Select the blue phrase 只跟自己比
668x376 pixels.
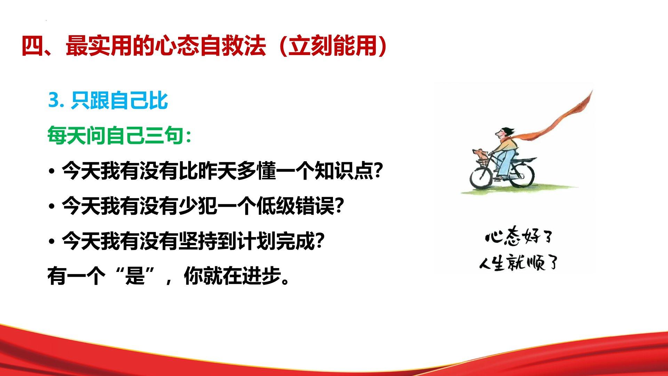(x=119, y=101)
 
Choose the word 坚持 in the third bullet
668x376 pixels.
(x=198, y=241)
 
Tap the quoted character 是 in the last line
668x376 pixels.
(x=135, y=276)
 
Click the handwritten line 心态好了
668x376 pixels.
(x=518, y=238)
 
